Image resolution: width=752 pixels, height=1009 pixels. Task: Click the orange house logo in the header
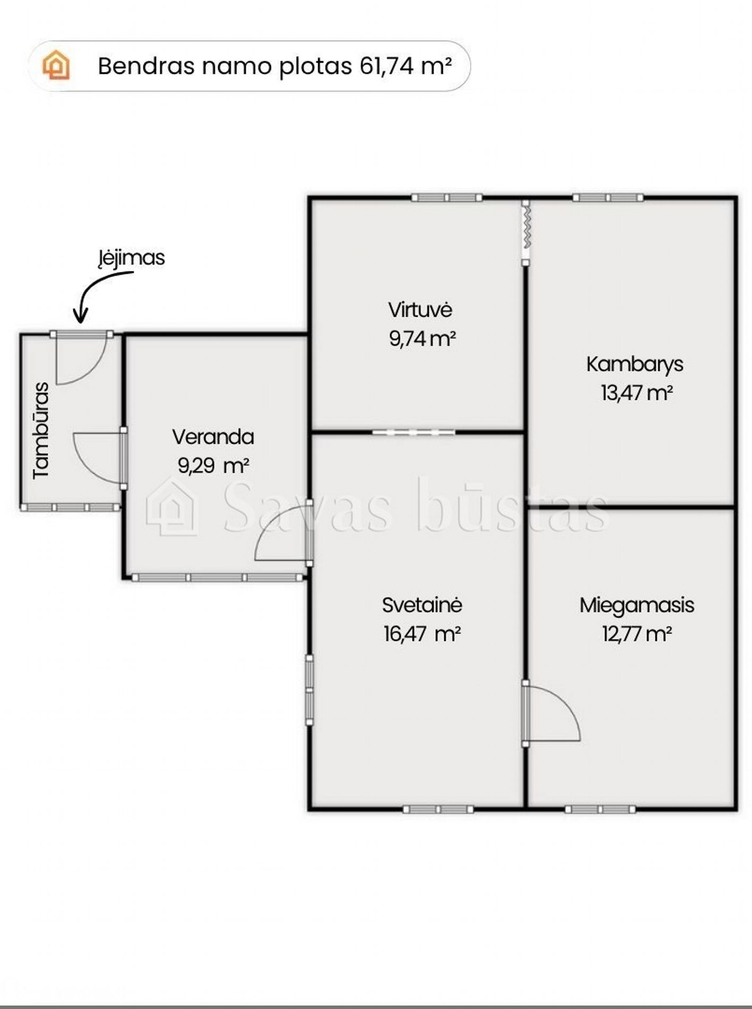click(x=56, y=65)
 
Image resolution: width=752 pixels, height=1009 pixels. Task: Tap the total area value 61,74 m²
click(x=406, y=66)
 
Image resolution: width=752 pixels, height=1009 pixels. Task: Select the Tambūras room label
click(x=41, y=431)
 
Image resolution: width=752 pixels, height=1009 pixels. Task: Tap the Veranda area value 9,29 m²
click(x=213, y=466)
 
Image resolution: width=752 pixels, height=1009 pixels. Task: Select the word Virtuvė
click(x=420, y=310)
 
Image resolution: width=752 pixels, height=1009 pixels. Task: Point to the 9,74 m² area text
click(x=423, y=338)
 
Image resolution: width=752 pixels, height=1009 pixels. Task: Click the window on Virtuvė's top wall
click(x=447, y=198)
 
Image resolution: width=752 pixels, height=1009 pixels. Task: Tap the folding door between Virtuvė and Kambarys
click(x=525, y=232)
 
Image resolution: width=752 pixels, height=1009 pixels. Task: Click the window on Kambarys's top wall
click(x=608, y=198)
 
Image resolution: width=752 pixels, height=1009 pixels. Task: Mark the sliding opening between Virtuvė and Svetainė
click(x=414, y=432)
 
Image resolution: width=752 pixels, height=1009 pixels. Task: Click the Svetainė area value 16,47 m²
click(x=422, y=634)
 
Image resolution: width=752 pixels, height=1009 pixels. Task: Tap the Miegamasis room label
click(x=637, y=605)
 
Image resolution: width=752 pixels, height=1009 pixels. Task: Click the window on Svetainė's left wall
click(x=309, y=690)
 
